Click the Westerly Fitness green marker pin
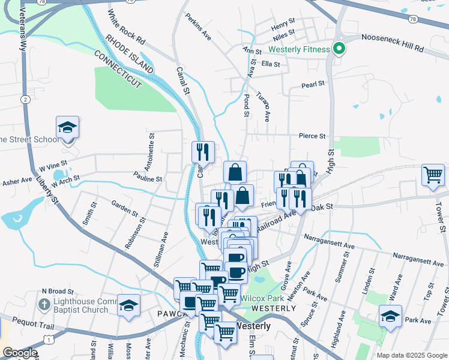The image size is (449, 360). (338, 49)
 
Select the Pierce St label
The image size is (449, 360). (312, 136)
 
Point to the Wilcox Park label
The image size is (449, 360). (262, 298)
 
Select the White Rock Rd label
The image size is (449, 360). (127, 28)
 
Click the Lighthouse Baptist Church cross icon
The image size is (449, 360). (43, 305)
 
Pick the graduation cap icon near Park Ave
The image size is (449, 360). (390, 316)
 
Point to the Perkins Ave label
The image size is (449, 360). (199, 27)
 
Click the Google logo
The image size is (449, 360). (20, 353)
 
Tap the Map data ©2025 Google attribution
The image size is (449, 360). (411, 355)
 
